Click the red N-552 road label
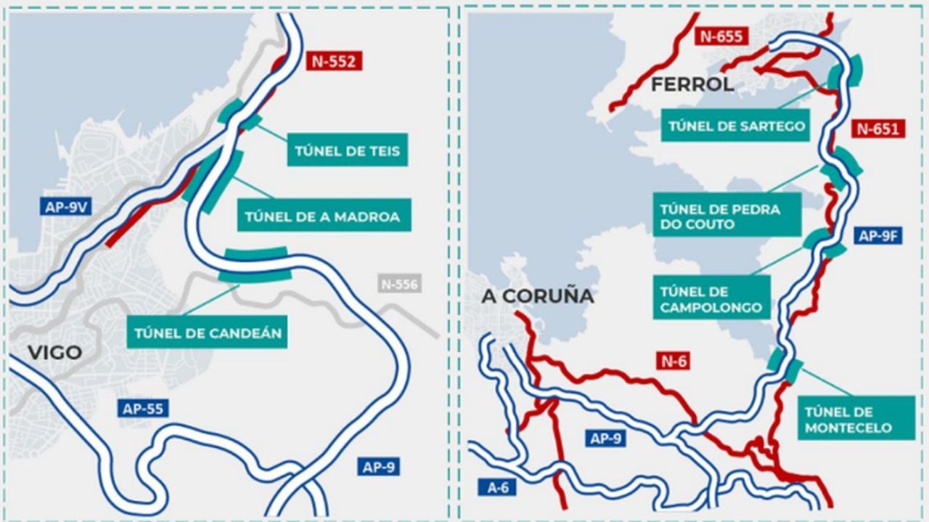tap(334, 61)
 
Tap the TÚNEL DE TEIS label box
tap(347, 151)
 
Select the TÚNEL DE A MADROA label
tap(322, 216)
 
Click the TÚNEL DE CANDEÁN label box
tap(207, 333)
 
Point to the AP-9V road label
tap(66, 207)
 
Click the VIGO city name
tap(54, 354)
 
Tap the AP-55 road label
tap(143, 408)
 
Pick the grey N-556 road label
tap(398, 284)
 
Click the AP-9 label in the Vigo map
tap(379, 467)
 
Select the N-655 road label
tap(721, 36)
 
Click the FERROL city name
tap(692, 84)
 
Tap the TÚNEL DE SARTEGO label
tap(736, 126)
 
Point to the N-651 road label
tap(877, 129)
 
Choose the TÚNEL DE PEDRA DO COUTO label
tap(727, 216)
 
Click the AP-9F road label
tap(879, 235)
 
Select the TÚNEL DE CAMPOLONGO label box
tap(711, 299)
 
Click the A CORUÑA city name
tap(537, 295)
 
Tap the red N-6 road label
tap(674, 360)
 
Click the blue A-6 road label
tap(497, 488)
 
